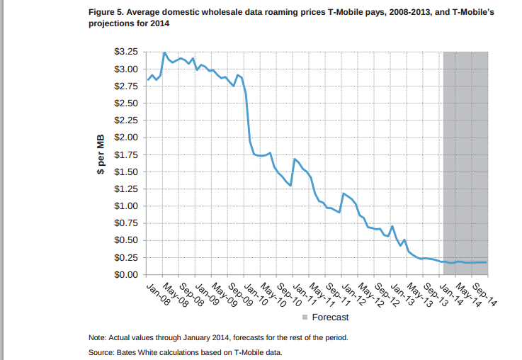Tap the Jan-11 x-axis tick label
(302, 291)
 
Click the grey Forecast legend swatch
(305, 317)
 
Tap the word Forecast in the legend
(331, 317)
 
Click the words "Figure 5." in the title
(106, 13)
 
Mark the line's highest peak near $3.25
(164, 52)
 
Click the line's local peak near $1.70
(294, 159)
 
